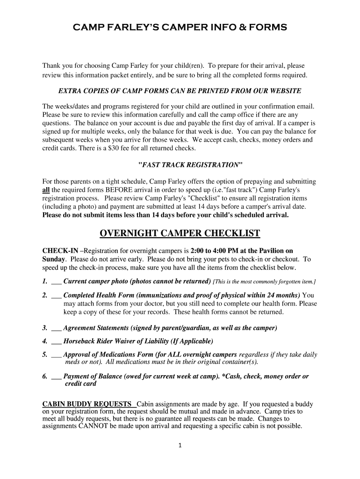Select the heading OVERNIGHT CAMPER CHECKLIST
click(x=180, y=233)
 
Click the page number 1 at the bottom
click(x=180, y=445)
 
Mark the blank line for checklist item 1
click(x=56, y=282)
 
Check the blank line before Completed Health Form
click(x=56, y=296)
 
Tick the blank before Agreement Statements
click(x=56, y=328)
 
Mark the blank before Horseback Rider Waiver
click(x=56, y=341)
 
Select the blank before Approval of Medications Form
click(x=56, y=355)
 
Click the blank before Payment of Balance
click(x=56, y=376)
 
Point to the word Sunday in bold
click(x=54, y=259)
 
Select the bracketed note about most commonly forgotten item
click(x=264, y=282)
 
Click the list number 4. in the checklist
click(x=45, y=341)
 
